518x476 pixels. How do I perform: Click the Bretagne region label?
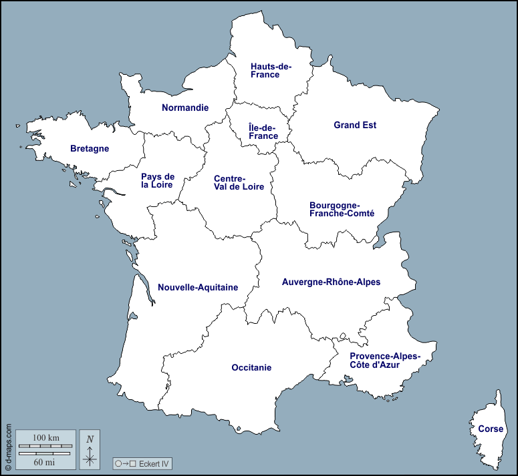coord(90,149)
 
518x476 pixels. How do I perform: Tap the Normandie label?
coord(185,107)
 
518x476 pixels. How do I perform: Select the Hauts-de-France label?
coord(271,70)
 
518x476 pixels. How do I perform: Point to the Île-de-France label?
coord(263,132)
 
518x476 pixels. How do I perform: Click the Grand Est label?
coord(355,125)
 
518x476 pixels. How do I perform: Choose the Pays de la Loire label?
coord(158,181)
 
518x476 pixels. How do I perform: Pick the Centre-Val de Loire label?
coord(239,183)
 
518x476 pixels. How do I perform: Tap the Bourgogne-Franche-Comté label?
coord(342,209)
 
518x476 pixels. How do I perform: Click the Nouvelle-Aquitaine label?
coord(198,288)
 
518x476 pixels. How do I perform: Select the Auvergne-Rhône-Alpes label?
coord(331,282)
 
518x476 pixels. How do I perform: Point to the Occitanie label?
coord(251,367)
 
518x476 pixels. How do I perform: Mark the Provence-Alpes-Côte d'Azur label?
coord(385,361)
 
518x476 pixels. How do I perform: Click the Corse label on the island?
coord(491,429)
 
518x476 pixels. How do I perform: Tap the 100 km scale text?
coord(46,437)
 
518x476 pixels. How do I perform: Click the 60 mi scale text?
coord(46,461)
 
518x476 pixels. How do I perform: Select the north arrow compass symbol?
coord(90,458)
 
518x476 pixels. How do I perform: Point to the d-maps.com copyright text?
coord(8,447)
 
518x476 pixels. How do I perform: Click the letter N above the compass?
coord(90,439)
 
